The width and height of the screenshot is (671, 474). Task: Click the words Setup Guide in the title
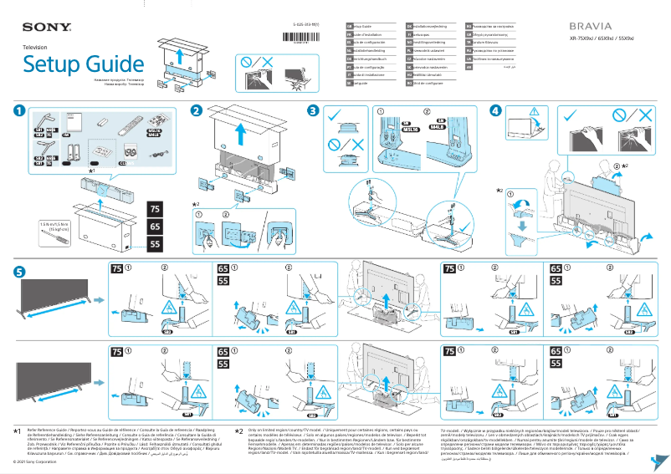pos(83,64)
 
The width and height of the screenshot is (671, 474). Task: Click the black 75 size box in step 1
pos(155,208)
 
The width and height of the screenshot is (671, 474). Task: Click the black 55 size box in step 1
pos(155,244)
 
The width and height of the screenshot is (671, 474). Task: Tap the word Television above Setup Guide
pos(35,48)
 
